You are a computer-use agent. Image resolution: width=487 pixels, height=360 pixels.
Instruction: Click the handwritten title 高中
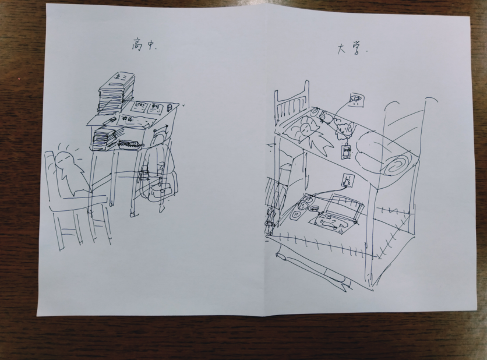point(143,44)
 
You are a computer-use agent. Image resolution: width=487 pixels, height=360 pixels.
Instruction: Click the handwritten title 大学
point(350,49)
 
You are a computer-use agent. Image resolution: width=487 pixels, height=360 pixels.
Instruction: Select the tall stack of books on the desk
point(116,93)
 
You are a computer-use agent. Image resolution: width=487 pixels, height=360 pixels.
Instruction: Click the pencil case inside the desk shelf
point(129,144)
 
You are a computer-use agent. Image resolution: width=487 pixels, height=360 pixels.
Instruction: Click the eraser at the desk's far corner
point(170,107)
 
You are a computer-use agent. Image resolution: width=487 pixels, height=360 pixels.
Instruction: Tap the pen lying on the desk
point(107,121)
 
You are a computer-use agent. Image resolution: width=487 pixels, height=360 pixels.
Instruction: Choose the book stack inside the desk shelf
point(104,140)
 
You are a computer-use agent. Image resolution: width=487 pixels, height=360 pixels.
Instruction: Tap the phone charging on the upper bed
point(345,151)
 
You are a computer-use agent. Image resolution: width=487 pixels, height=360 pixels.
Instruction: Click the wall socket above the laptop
point(348,181)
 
